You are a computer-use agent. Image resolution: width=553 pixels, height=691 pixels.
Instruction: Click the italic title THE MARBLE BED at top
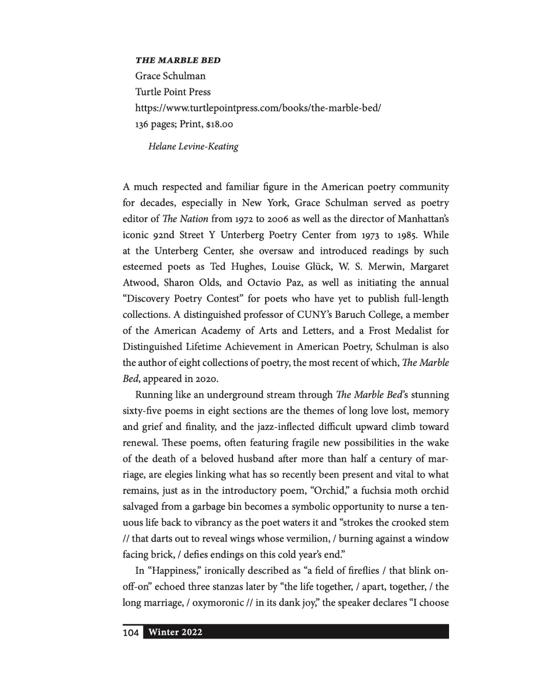[x=178, y=60]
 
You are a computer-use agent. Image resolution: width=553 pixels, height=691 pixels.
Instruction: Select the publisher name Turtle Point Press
[x=173, y=92]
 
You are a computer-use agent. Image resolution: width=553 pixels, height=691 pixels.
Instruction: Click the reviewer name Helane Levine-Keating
[x=193, y=147]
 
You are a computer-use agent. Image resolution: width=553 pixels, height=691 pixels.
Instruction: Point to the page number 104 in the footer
[x=131, y=633]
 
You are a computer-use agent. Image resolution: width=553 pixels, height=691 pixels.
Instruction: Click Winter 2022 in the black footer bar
[x=175, y=632]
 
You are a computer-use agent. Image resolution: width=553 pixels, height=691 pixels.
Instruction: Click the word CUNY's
[x=325, y=315]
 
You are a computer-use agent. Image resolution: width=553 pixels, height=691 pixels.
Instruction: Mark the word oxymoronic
[x=218, y=603]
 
